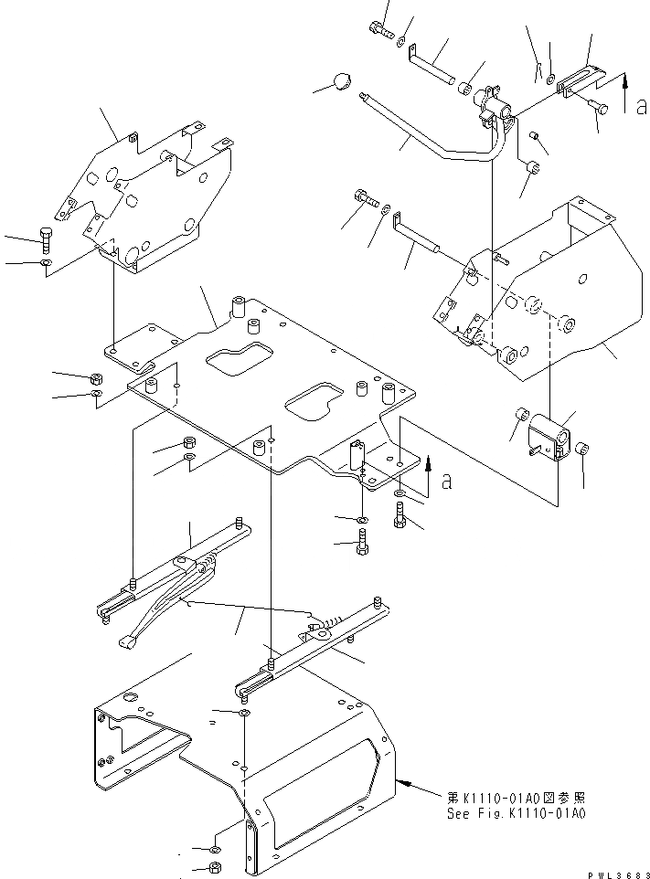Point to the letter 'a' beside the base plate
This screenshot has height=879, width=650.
pyautogui.click(x=446, y=482)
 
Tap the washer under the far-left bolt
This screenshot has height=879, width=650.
pyautogui.click(x=46, y=265)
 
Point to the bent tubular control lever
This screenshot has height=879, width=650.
pyautogui.click(x=430, y=143)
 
